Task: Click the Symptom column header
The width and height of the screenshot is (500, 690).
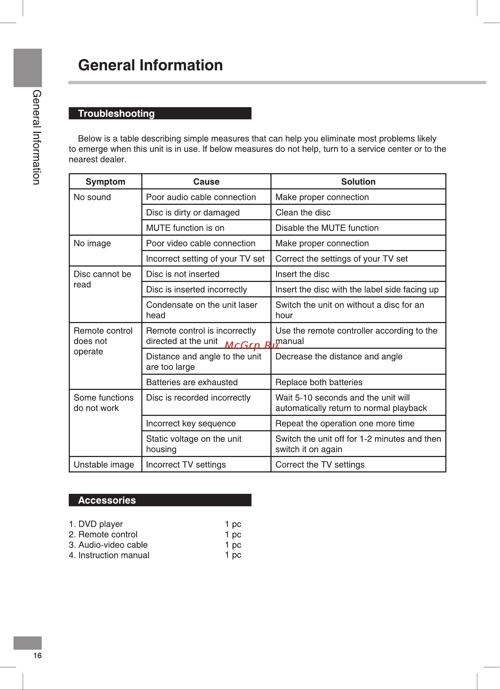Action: [105, 182]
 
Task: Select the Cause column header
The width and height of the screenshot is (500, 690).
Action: [206, 182]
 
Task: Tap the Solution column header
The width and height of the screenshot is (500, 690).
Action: [358, 182]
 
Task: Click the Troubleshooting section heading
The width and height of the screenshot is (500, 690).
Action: [116, 113]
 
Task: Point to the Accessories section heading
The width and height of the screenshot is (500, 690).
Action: [107, 500]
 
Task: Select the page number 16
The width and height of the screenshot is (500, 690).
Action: [37, 656]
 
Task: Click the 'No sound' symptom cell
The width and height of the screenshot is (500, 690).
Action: [92, 197]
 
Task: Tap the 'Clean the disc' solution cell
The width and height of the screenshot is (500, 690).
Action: [303, 212]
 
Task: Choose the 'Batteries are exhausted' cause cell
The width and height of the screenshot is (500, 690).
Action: [192, 382]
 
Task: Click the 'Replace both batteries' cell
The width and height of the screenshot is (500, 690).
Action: [319, 382]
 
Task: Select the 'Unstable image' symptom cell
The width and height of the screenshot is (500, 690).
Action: [104, 465]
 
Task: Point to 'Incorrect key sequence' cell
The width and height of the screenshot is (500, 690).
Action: [191, 423]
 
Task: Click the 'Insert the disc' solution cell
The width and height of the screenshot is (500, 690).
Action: [302, 274]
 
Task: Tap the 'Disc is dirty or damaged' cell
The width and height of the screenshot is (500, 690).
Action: [193, 212]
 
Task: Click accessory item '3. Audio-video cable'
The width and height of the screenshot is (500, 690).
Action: [108, 545]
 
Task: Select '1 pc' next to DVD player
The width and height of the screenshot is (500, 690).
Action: [233, 524]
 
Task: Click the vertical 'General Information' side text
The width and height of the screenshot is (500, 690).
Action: [37, 137]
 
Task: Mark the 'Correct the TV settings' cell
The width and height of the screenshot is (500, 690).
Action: [320, 465]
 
